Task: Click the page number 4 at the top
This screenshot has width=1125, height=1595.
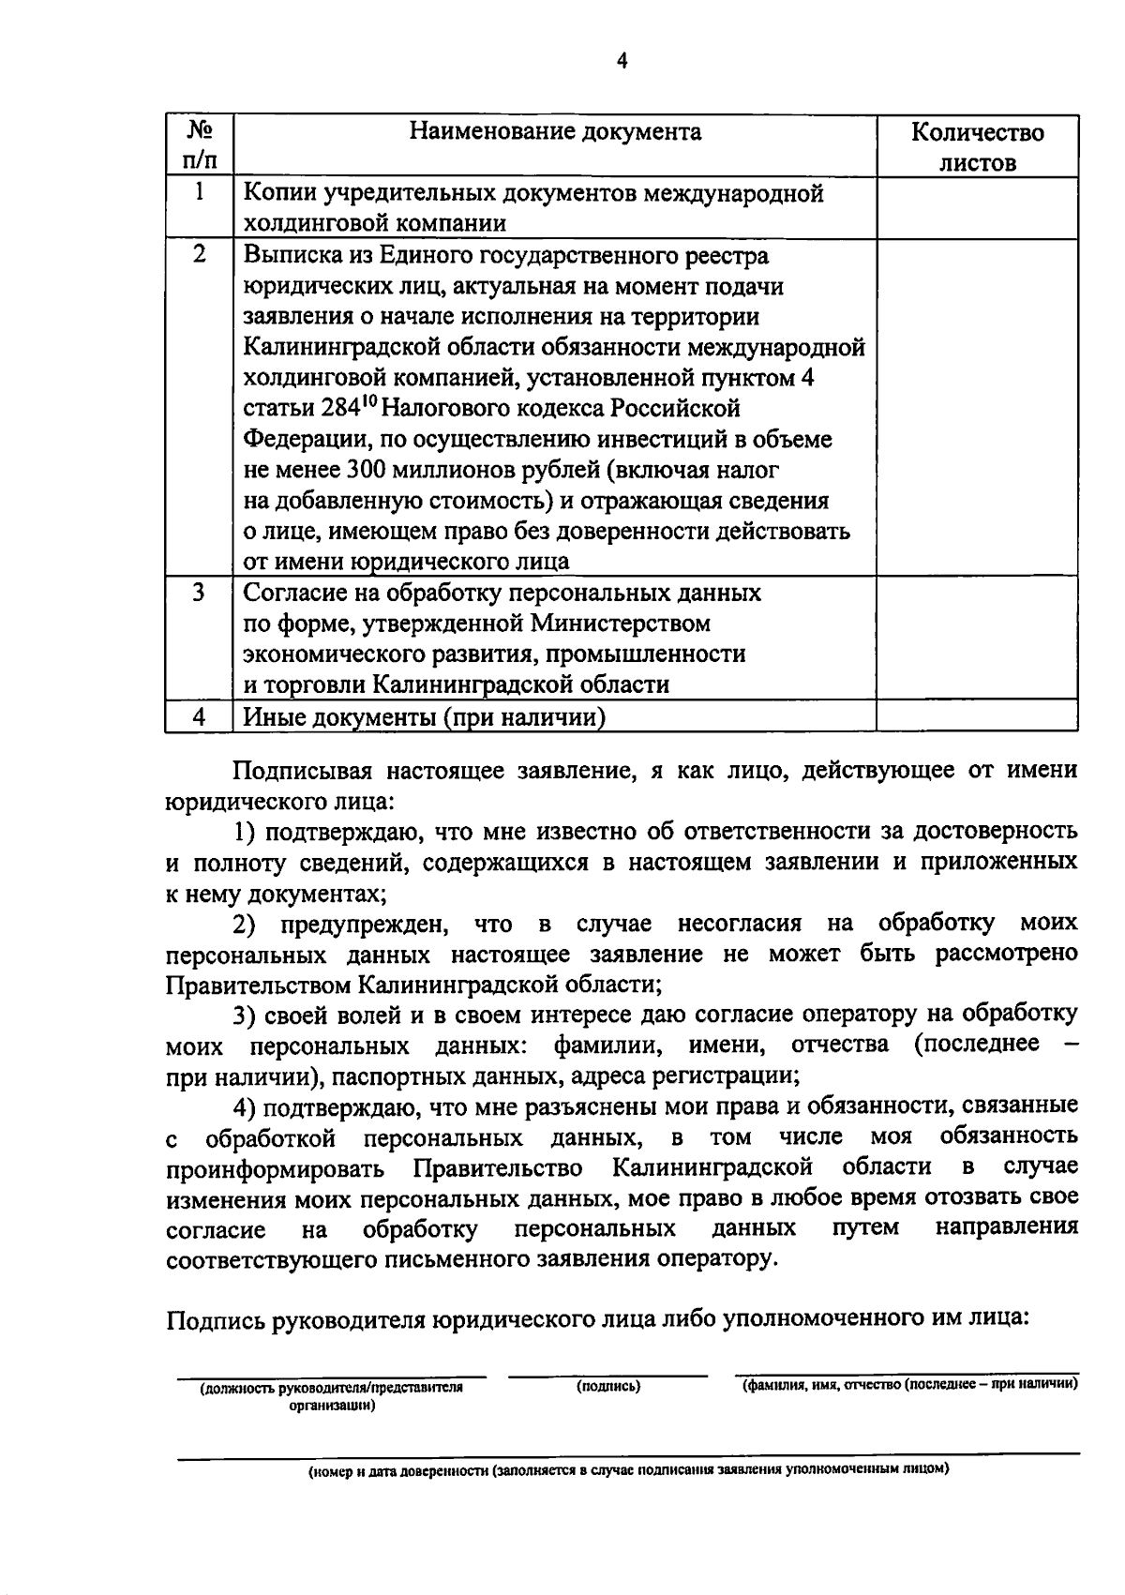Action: click(622, 61)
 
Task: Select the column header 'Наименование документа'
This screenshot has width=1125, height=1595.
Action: click(555, 131)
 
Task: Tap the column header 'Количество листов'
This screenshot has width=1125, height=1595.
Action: click(977, 146)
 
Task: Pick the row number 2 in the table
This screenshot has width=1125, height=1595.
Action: click(199, 255)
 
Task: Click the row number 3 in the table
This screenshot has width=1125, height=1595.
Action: click(199, 593)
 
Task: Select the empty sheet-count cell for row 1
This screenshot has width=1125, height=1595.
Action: click(977, 208)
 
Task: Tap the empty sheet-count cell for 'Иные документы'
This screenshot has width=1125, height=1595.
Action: click(977, 717)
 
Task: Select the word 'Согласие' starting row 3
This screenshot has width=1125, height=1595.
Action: click(288, 594)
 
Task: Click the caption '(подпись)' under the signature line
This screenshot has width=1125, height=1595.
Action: click(608, 1386)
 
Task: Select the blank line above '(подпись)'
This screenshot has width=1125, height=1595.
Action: click(608, 1376)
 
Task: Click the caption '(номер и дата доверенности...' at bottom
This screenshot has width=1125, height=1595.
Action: click(629, 1470)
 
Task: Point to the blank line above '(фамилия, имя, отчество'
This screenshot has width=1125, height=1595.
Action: click(907, 1374)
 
